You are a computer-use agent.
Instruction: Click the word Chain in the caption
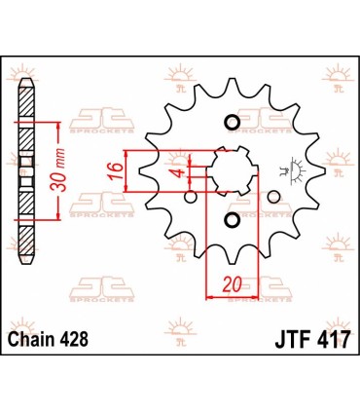(40, 337)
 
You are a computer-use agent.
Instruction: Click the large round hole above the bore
(232, 123)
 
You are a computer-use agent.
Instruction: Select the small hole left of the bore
(188, 196)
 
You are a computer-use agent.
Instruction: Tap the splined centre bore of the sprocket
(232, 172)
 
